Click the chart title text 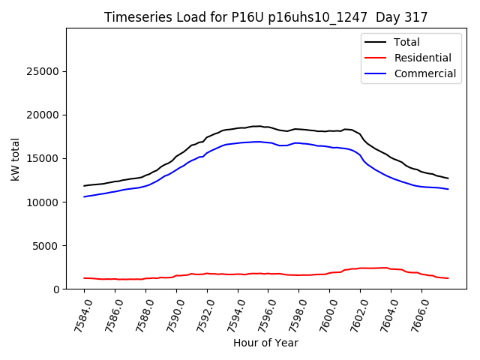pos(266,17)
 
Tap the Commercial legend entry pos(424,73)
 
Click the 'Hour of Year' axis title pos(266,343)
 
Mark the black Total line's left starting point pos(84,185)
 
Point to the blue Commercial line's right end pos(448,189)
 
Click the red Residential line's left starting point pos(84,277)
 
